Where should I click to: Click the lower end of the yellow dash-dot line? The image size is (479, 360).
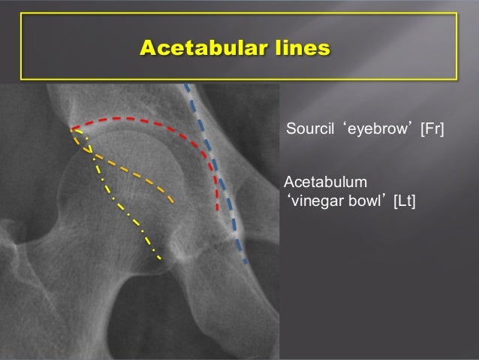click(161, 260)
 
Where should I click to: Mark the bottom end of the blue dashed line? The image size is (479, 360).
click(245, 262)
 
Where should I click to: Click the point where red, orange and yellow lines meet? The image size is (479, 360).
click(74, 129)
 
